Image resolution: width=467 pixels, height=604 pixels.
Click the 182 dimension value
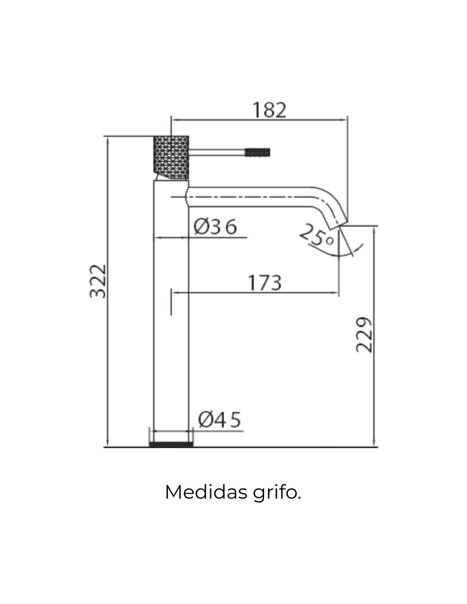(x=269, y=110)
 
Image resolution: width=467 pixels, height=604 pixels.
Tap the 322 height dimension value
(x=98, y=281)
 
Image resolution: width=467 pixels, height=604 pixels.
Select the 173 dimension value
(x=264, y=283)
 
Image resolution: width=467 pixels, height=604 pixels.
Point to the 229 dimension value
(x=364, y=335)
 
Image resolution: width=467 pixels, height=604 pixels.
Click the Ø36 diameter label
(x=215, y=226)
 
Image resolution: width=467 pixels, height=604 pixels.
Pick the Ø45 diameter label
(x=219, y=419)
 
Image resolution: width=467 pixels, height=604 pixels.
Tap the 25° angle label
(x=317, y=235)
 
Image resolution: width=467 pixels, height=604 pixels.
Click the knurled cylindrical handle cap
(x=171, y=157)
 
